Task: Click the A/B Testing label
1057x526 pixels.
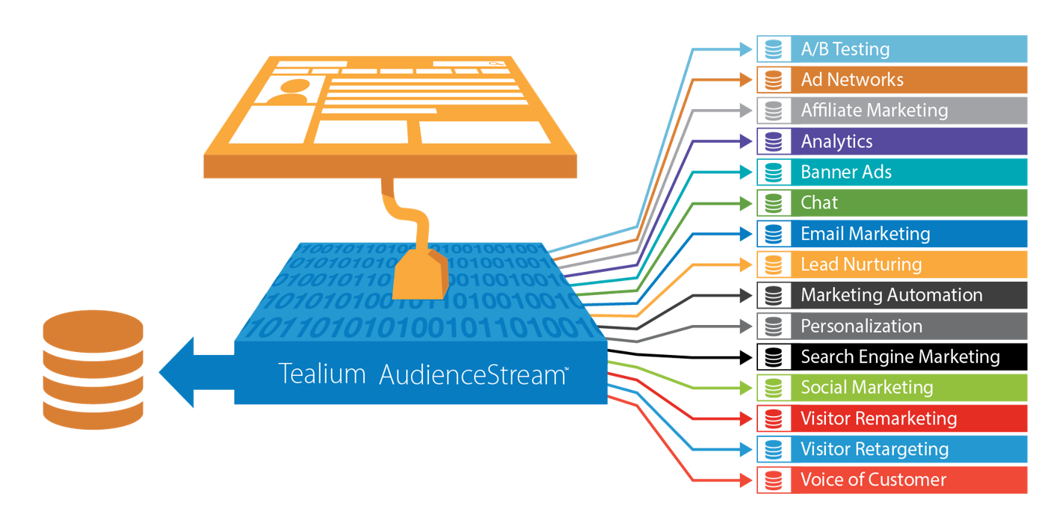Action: click(845, 49)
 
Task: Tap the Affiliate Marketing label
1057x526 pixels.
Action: click(874, 111)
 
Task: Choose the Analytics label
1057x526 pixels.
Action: click(836, 141)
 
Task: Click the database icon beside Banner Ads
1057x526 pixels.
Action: click(774, 173)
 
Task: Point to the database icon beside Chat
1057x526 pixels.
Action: click(774, 203)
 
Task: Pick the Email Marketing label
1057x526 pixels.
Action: click(865, 234)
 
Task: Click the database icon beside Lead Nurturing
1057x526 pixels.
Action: click(774, 264)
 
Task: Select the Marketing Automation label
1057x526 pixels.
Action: click(891, 295)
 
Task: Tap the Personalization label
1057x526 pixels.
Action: click(861, 327)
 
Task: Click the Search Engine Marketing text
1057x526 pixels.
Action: click(900, 357)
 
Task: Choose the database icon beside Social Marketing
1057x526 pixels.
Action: click(774, 388)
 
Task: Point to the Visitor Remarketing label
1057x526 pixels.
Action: click(878, 418)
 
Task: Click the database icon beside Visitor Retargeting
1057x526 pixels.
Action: click(774, 449)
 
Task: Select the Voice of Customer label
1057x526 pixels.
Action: click(873, 480)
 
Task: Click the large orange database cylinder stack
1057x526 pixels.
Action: click(93, 370)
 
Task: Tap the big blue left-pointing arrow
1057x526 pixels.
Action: click(194, 372)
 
